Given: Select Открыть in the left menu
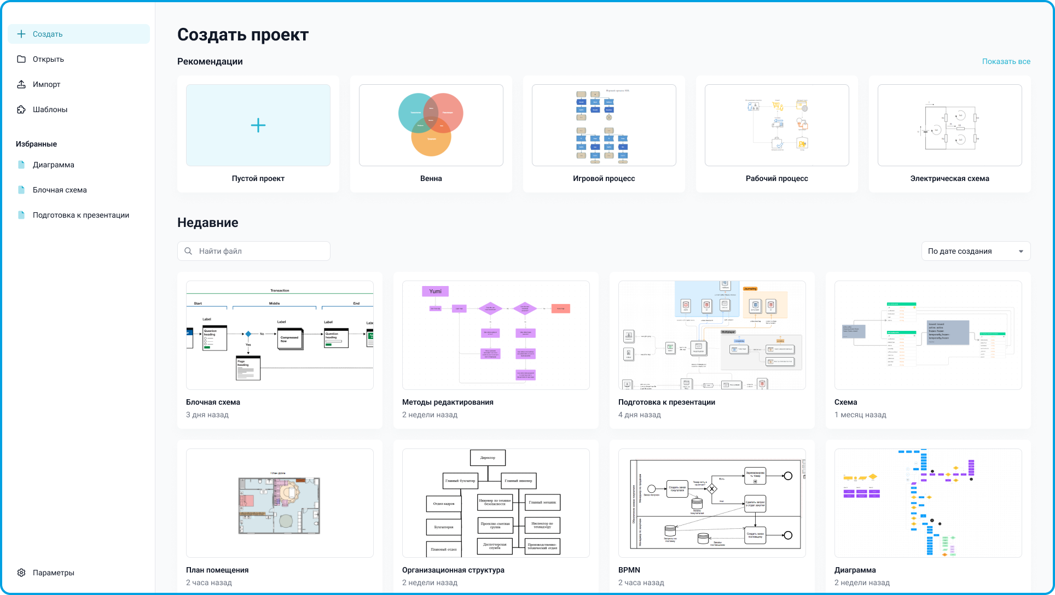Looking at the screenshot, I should pos(48,59).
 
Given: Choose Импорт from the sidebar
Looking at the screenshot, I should pos(47,84).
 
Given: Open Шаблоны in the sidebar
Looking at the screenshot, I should pos(50,109).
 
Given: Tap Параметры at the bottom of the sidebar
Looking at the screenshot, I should pos(53,573).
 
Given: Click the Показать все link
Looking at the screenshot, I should pos(1006,61).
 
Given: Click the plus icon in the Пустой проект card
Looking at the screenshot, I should pos(258,125).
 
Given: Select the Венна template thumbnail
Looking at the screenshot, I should pos(431,125).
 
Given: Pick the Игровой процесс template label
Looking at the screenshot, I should pos(604,178).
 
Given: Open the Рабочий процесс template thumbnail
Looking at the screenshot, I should pos(776,125).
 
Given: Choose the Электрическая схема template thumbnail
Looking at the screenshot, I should pos(949,125).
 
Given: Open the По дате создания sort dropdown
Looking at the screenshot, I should pos(976,251).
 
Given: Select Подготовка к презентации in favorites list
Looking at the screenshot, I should pos(81,215).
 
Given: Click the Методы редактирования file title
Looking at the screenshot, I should pos(448,402).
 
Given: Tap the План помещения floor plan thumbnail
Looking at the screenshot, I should pos(279,504).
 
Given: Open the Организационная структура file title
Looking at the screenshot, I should pos(453,570).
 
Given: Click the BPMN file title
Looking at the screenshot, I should pos(629,570).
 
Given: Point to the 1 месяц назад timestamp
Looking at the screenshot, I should pos(860,415).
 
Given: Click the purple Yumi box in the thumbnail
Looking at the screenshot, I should pos(435,291).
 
